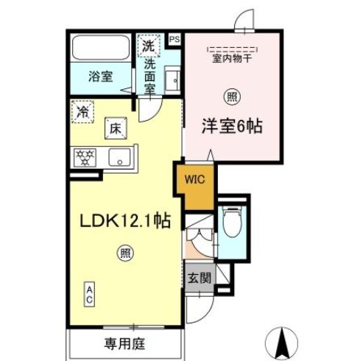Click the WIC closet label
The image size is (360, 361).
click(194, 178)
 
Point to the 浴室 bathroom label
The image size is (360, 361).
click(101, 76)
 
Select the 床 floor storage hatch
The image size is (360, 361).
click(116, 129)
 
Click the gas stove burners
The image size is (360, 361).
click(87, 157)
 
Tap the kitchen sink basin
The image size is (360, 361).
click(119, 157)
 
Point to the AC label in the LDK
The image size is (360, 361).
click(89, 295)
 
